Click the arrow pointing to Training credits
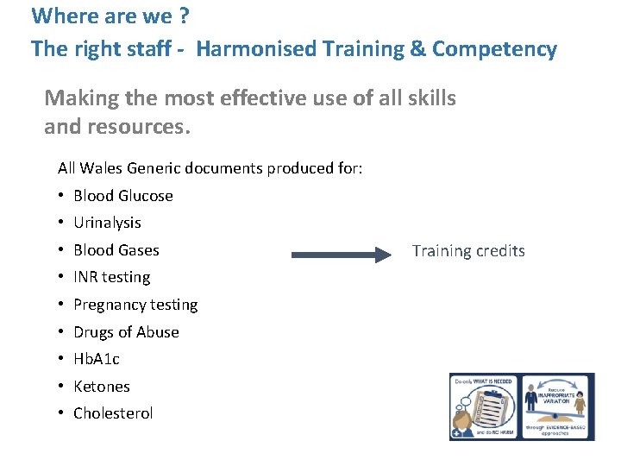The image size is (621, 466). point(341,255)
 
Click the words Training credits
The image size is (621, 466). point(468,251)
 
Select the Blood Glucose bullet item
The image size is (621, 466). point(123,196)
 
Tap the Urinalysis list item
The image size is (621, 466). point(107,223)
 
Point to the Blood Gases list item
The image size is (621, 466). point(116,250)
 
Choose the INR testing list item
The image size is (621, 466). point(112,277)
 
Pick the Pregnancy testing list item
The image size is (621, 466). point(135,305)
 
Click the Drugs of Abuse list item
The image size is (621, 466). point(126,332)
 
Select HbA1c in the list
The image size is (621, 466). point(97,359)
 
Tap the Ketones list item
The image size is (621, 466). point(102,387)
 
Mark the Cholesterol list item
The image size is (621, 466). point(113,413)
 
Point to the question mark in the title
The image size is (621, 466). point(160,16)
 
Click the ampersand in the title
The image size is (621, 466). point(417,49)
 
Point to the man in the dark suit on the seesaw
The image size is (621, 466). point(531,406)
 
